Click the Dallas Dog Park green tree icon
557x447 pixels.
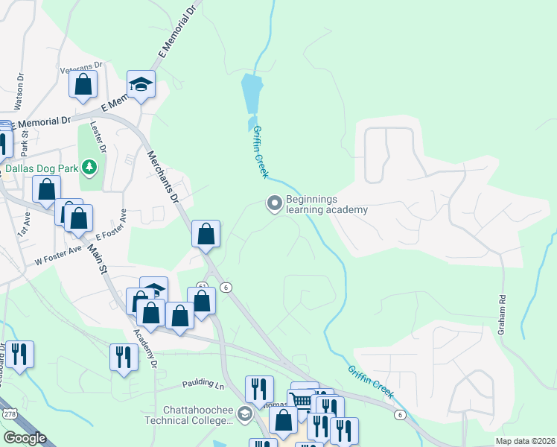(x=89, y=167)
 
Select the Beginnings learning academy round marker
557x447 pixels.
(x=275, y=203)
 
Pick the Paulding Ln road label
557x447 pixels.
(x=203, y=385)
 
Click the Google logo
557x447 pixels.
(x=25, y=438)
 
